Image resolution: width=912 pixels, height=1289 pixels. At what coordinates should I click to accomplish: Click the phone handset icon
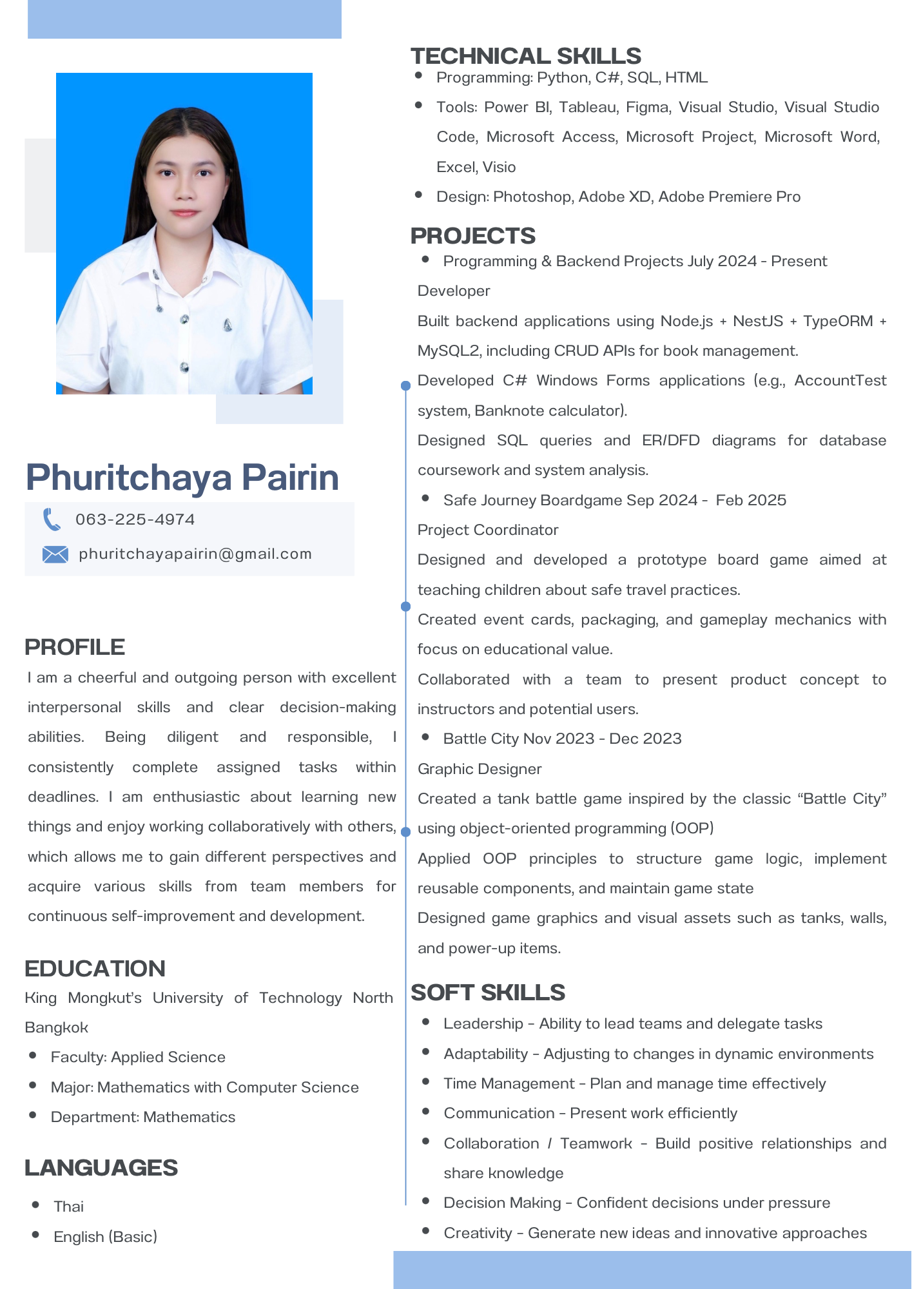pos(52,519)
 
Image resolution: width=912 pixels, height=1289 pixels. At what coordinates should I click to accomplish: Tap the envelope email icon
pos(55,554)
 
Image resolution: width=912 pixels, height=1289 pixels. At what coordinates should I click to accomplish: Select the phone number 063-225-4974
pos(135,519)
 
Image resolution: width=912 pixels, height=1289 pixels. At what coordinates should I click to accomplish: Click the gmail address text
pos(195,554)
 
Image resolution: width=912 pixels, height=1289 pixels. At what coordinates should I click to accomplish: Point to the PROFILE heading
pos(75,647)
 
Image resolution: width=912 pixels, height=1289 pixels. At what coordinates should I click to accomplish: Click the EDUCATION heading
pos(95,969)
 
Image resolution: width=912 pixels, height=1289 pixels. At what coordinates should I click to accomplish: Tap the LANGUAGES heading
pos(101,1168)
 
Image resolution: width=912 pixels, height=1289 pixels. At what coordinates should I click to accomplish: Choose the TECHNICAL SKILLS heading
pos(526,56)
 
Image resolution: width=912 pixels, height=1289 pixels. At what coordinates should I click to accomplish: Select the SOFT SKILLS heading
pos(488,993)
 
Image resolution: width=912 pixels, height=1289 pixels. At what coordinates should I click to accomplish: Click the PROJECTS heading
pos(473,236)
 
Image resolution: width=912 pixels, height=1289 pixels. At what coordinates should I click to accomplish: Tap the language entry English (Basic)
pos(106,1237)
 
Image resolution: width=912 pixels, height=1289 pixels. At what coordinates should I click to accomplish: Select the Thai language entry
pos(69,1207)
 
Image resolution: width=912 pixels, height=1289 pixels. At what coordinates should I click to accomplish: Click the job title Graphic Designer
pos(480,769)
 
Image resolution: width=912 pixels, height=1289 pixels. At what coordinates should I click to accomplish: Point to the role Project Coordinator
pos(488,530)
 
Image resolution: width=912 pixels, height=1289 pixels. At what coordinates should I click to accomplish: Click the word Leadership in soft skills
pos(483,1023)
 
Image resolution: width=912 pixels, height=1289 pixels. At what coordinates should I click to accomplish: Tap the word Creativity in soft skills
pos(478,1233)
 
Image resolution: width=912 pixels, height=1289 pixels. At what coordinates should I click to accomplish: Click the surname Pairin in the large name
pos(290,478)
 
